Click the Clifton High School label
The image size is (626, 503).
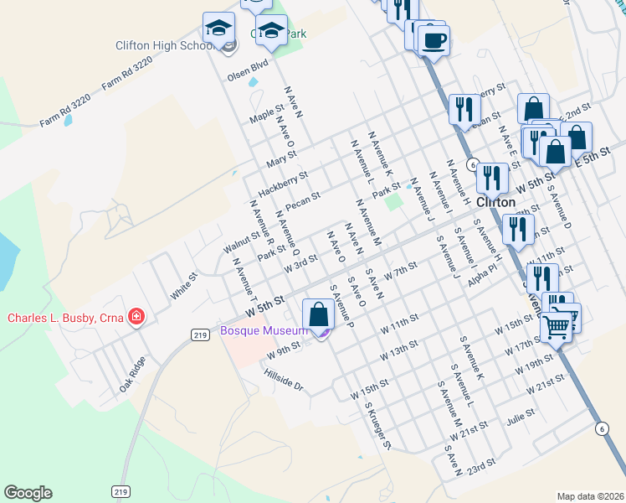tap(163, 45)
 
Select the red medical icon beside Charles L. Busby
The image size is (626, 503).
tap(136, 317)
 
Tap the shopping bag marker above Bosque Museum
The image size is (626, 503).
tap(318, 315)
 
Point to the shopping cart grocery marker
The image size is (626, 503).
tap(557, 327)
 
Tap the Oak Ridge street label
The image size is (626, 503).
tap(132, 374)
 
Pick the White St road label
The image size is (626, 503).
tap(182, 284)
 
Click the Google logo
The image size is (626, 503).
tap(28, 493)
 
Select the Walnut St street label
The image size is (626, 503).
tap(244, 241)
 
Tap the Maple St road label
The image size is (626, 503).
tap(267, 112)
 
